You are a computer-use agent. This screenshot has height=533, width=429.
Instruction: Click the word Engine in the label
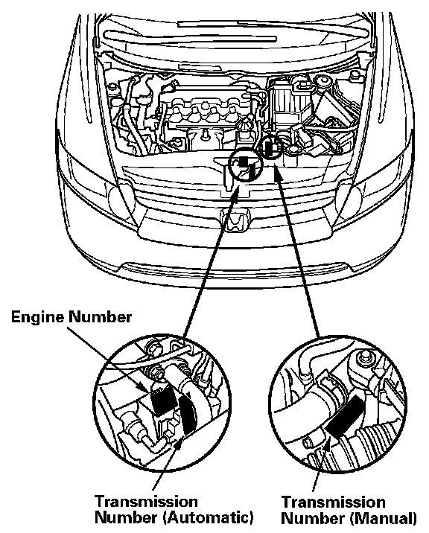pos(38,317)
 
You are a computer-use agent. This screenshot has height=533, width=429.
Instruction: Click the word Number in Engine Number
pos(100,317)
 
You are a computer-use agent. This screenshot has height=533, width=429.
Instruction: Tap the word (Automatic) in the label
pos(209,517)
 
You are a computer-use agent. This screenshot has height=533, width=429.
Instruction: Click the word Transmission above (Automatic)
pos(146,502)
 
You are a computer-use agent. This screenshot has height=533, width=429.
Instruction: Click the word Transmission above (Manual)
pos(334,502)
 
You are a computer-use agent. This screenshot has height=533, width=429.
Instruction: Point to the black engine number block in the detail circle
pos(162,401)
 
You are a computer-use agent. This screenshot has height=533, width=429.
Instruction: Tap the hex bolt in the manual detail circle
pos(364,358)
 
